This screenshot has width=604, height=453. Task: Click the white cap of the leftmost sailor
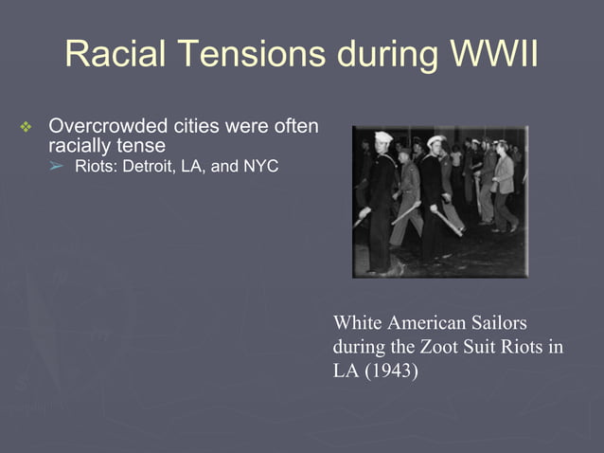pyautogui.click(x=383, y=137)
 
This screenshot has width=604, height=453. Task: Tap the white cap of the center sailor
pyautogui.click(x=435, y=141)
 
